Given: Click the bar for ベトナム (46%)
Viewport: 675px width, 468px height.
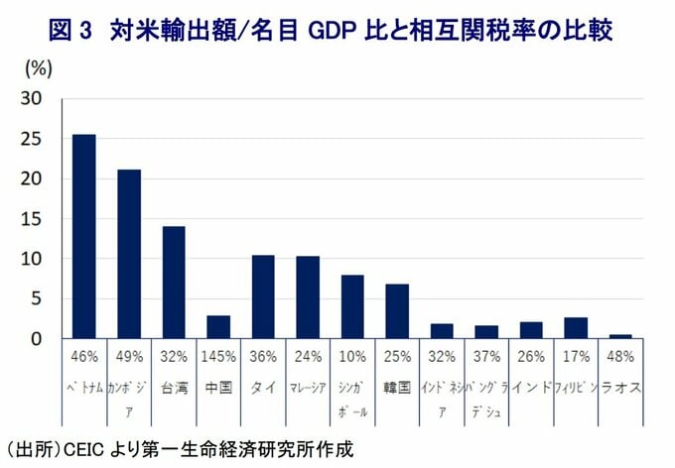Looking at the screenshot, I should click(84, 236).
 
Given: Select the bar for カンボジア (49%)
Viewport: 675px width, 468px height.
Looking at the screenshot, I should click(129, 254).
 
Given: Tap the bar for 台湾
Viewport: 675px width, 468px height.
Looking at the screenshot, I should click(174, 282).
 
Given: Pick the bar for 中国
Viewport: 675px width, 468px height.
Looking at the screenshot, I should click(218, 327).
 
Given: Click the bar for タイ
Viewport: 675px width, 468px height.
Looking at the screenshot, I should click(263, 296).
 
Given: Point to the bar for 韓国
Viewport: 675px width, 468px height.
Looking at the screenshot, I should click(397, 311).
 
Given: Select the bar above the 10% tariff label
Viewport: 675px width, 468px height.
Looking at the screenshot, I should click(352, 306).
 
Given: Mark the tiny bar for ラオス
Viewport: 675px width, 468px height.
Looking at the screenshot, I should click(620, 336).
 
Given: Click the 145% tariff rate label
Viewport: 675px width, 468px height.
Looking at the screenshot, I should click(218, 355).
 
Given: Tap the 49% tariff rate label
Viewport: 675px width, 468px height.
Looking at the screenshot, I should click(129, 355).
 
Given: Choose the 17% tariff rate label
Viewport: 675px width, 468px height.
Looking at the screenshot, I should click(576, 355).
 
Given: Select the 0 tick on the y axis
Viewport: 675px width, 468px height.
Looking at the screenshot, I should click(37, 339).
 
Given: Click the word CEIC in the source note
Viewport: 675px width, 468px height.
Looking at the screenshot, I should click(87, 448).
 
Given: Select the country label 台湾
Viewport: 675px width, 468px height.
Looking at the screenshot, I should click(174, 388).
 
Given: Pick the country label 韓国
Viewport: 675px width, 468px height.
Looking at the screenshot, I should click(397, 388).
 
